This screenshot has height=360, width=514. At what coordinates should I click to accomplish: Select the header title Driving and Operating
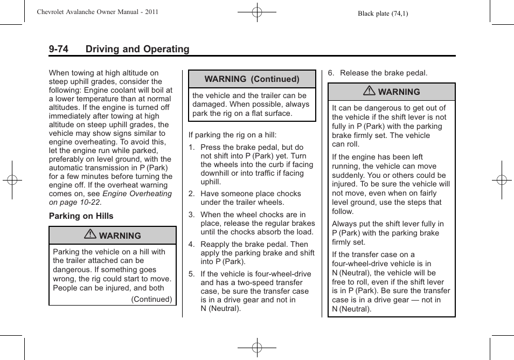[x=137, y=49]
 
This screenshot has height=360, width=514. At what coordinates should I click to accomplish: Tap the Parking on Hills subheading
[x=81, y=216]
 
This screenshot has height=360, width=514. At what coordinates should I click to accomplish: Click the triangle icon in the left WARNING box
[x=91, y=236]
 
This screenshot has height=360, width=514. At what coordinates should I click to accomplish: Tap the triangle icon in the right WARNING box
[x=370, y=92]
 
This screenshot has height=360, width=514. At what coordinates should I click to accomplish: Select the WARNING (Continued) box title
[x=252, y=79]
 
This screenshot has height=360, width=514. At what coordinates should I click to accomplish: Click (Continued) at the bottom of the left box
[x=152, y=299]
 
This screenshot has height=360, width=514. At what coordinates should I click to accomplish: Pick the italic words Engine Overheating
[x=137, y=193]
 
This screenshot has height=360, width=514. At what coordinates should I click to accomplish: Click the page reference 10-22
[x=88, y=202]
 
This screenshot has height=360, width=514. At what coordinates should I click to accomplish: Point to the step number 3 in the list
[x=191, y=214]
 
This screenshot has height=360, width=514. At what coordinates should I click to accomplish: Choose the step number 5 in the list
[x=191, y=274]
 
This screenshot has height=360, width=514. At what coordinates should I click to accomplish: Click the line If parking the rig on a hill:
[x=232, y=135]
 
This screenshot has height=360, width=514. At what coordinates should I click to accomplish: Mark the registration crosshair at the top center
[x=257, y=12]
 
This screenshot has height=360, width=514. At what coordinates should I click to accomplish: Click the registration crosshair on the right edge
[x=501, y=180]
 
